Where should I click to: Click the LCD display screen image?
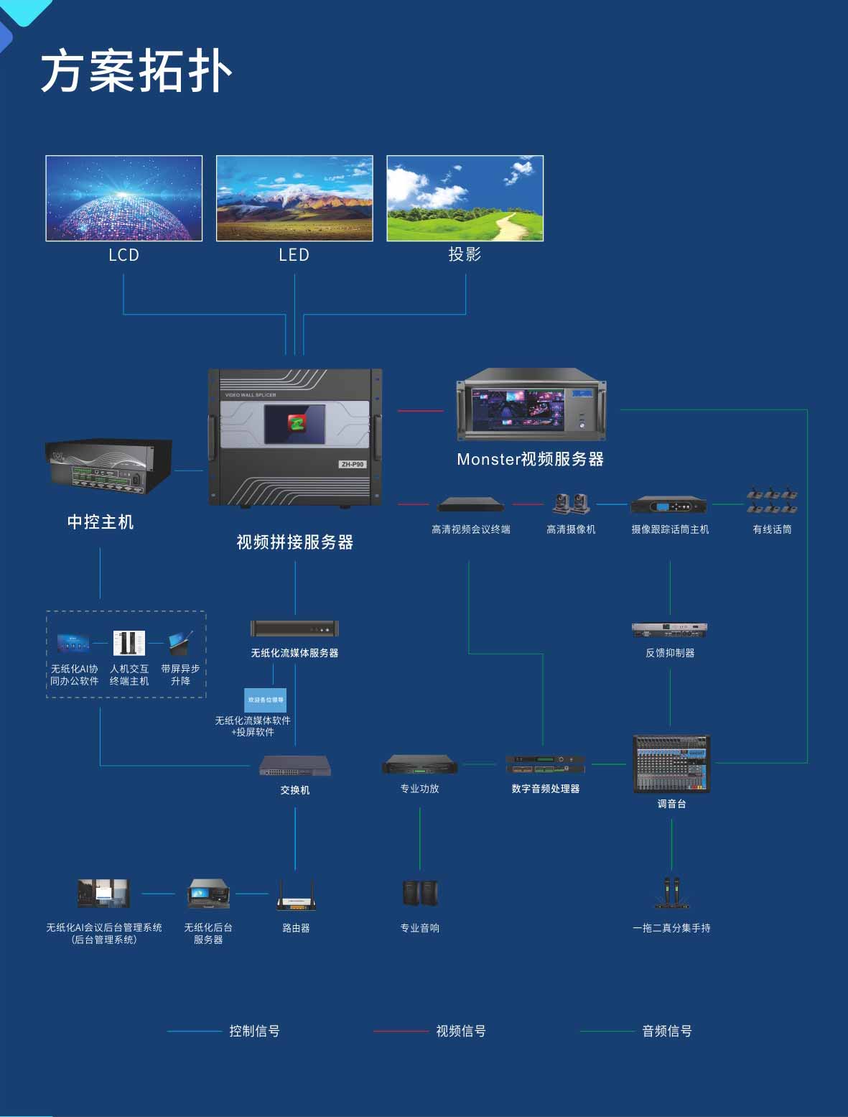(x=124, y=198)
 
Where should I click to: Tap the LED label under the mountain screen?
(x=294, y=255)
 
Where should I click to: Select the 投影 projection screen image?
(x=465, y=198)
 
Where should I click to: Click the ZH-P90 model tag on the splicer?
(x=352, y=464)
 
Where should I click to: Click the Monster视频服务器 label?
(x=530, y=460)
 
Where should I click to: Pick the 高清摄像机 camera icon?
(x=571, y=504)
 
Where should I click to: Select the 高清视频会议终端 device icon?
(x=471, y=504)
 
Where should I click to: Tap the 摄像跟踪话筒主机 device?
(x=668, y=506)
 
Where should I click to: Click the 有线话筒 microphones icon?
(x=771, y=501)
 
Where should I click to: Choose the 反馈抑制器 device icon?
(x=669, y=630)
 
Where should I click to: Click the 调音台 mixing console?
(x=671, y=764)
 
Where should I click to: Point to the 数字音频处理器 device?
(x=545, y=764)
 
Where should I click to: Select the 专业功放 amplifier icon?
(x=420, y=764)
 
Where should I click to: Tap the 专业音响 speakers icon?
(x=420, y=893)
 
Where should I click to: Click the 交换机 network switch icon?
(x=295, y=766)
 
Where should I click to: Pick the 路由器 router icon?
(x=295, y=896)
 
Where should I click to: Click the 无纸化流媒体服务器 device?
(x=294, y=629)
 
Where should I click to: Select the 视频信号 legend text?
(x=461, y=1032)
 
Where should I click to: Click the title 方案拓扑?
(x=136, y=71)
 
